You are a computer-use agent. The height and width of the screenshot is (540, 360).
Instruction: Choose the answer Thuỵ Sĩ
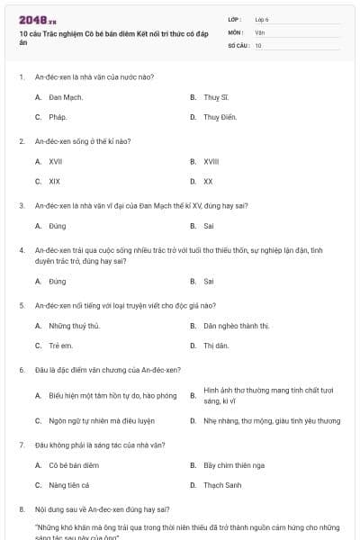216,96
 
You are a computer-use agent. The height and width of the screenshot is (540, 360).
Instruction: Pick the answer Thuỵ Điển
219,117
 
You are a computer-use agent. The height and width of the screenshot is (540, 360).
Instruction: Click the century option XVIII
211,161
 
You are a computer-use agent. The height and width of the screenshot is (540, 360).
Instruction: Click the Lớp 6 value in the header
262,19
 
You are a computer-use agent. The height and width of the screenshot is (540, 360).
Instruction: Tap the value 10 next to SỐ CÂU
258,45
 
